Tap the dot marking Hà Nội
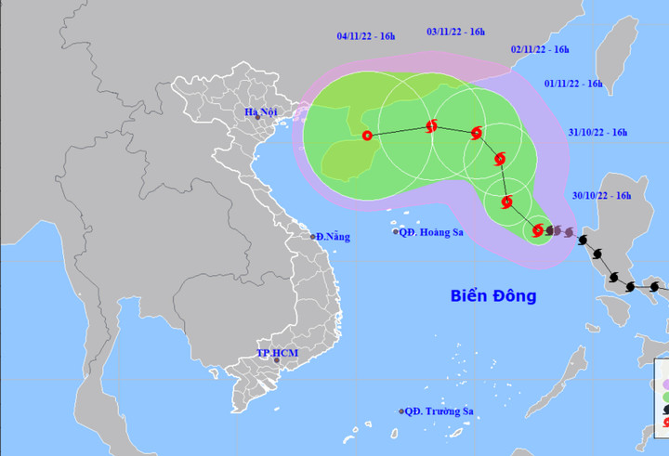click(x=257, y=117)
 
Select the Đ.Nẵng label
click(x=333, y=237)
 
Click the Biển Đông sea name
click(x=493, y=296)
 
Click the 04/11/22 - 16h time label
click(x=366, y=36)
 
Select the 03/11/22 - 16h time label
click(x=456, y=32)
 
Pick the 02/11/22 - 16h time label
click(x=540, y=50)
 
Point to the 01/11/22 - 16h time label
click(x=573, y=84)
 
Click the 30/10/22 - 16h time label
click(x=602, y=196)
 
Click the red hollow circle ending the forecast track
click(x=366, y=135)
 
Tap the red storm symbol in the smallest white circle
click(x=538, y=229)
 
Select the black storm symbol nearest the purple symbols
click(x=583, y=241)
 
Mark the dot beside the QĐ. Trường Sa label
click(x=402, y=411)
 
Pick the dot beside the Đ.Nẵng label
click(x=312, y=237)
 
